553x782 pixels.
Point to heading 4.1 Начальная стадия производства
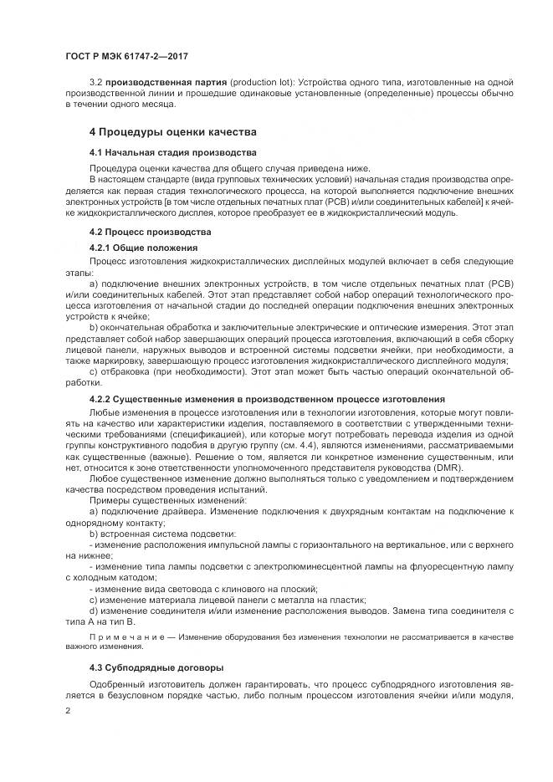[x=172, y=152]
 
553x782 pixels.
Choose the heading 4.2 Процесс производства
[x=151, y=232]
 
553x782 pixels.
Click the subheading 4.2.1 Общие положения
[x=143, y=248]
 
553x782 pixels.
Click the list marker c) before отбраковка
[x=93, y=371]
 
